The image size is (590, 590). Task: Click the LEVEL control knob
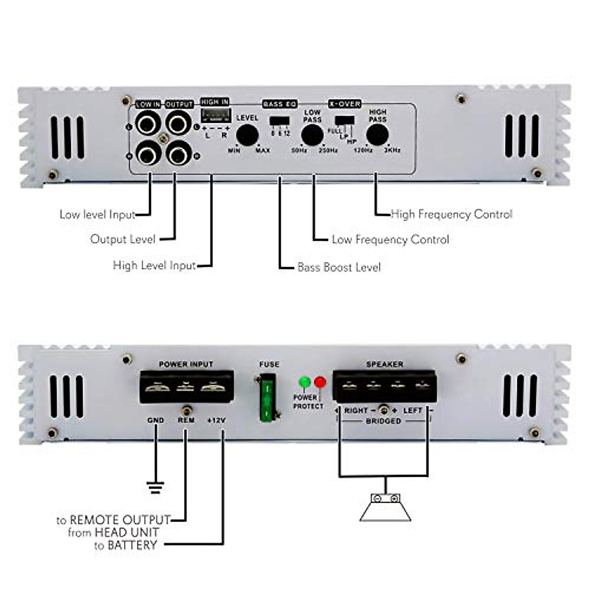[x=247, y=135]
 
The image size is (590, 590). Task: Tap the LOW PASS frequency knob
[x=312, y=135]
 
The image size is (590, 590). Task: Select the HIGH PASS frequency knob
[x=377, y=135]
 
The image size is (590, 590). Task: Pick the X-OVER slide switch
[x=345, y=120]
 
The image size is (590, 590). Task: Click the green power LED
[x=305, y=382]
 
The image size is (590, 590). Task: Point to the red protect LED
[x=320, y=382]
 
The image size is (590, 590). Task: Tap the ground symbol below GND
[x=155, y=487]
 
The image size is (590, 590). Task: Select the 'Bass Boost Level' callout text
[x=339, y=267]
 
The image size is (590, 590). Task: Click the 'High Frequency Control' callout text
[x=451, y=214]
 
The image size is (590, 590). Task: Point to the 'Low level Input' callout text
[x=97, y=215]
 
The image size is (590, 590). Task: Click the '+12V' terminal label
[x=216, y=421]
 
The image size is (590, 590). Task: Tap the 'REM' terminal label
[x=186, y=421]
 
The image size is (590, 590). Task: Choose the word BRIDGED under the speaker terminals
[x=383, y=421]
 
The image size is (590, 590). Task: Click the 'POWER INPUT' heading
[x=186, y=364]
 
